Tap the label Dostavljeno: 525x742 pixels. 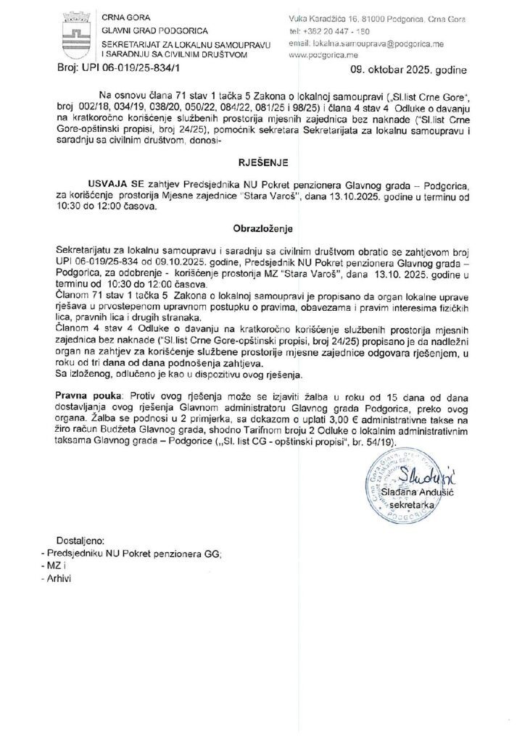[80, 541]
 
